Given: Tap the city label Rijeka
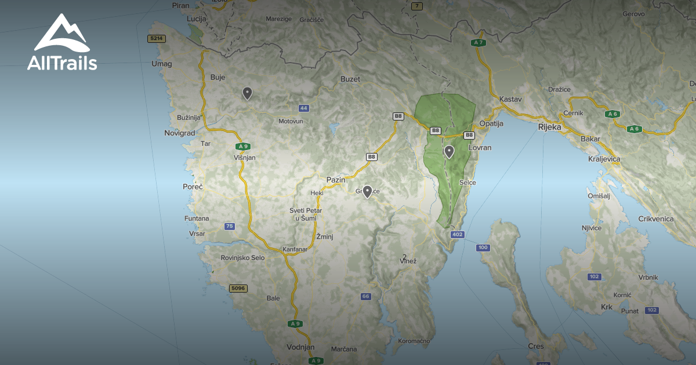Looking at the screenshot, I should coord(549,127).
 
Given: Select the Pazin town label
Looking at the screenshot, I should coord(336,180).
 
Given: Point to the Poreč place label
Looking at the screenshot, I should coord(193,187).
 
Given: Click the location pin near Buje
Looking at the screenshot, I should coord(247,93).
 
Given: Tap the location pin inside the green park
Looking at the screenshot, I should coord(449,151).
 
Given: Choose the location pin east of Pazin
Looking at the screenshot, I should coord(367,191).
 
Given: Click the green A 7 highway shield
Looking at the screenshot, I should coord(478,42).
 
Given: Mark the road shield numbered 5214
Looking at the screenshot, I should coord(157,38).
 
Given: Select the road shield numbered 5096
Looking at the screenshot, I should coord(238,288).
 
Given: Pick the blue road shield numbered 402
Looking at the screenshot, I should coord(457,234).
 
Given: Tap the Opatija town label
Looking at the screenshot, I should coord(491,123).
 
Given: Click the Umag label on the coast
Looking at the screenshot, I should coord(161,64).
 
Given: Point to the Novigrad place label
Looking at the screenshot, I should coord(180,133).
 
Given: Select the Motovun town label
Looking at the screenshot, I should coord(291,121).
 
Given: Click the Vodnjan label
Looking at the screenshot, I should coord(300,347).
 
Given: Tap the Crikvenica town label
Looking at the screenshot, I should coord(656,218).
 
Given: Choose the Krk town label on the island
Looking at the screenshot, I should coord(607,306).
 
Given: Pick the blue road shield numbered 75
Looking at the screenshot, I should coord(230,226).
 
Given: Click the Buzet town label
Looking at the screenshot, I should coord(350,79).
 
